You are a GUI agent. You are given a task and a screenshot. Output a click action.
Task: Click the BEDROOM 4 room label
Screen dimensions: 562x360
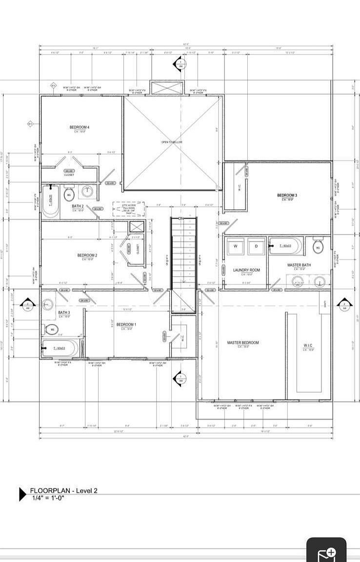point(80,127)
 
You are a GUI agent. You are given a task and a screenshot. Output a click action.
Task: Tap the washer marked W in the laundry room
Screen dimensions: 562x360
point(236,246)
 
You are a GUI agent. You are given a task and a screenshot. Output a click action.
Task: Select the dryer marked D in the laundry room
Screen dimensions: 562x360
point(256,246)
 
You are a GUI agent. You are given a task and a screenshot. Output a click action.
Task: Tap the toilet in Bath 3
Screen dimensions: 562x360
point(52,330)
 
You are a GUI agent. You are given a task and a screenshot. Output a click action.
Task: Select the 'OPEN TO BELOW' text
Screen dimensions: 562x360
point(172,142)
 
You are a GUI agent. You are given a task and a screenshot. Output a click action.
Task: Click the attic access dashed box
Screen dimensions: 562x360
point(129,209)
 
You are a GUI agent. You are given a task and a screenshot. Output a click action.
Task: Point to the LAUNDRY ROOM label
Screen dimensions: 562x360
point(246,270)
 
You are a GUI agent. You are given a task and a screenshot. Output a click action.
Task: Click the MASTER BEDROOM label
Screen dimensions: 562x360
point(243,342)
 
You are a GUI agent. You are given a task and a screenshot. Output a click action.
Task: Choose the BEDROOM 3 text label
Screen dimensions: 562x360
point(287,196)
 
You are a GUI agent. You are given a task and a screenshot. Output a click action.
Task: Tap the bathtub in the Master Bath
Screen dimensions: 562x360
point(285,246)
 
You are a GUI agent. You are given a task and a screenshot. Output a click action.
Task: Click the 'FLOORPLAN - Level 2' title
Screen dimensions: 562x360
point(63,490)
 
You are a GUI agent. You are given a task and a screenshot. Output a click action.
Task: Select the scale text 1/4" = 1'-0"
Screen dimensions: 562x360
point(48,498)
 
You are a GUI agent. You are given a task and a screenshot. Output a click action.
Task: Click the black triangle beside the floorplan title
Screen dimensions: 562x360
point(22,494)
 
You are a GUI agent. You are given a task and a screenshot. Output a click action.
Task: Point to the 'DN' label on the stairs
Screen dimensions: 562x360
point(181,218)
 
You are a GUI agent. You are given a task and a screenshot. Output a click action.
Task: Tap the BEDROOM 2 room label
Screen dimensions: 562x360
point(87,255)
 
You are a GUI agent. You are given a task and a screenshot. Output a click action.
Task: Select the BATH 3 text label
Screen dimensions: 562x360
point(64,312)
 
